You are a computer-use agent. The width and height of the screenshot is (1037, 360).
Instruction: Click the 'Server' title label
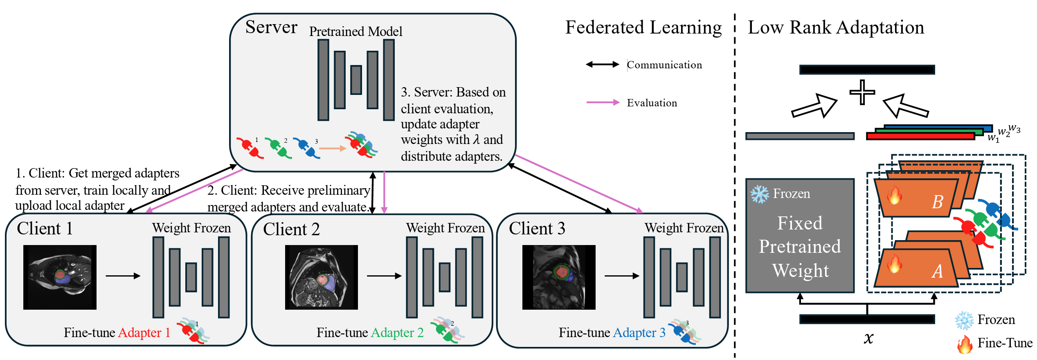coord(271,27)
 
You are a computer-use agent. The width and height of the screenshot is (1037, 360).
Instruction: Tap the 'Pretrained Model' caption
coord(355,32)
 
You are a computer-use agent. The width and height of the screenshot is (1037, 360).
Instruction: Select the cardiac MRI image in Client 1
coord(60,277)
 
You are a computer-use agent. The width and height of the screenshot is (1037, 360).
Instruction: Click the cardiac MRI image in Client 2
coord(322,277)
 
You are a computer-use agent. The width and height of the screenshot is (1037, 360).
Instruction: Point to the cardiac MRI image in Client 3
coord(559,277)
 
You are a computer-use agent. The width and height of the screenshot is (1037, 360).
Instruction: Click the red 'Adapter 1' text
coord(144,333)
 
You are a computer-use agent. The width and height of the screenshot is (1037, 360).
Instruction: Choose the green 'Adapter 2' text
coord(397,333)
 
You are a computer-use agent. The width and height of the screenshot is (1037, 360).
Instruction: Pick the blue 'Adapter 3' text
coord(639,333)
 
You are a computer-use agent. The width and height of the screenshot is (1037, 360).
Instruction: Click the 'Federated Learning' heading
coord(643,28)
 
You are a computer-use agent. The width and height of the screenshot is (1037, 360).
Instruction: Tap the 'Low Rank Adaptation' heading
coord(836,28)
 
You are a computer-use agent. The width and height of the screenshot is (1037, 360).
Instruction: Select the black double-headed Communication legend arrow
coord(603,64)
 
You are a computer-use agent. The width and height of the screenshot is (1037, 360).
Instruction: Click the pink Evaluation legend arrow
coord(603,102)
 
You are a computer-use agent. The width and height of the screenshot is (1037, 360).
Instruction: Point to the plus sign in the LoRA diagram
coord(862,92)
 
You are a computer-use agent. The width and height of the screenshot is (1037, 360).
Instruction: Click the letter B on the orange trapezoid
coord(938,202)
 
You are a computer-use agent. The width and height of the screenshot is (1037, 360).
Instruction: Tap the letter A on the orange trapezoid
coord(937,271)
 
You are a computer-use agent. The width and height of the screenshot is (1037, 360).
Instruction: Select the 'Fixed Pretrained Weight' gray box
coord(800,236)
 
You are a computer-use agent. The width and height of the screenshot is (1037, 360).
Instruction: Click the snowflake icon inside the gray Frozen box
coord(760,194)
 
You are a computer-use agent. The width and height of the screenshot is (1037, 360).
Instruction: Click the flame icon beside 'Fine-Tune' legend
coord(965,344)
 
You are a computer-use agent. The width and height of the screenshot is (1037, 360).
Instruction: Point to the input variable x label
coord(868,338)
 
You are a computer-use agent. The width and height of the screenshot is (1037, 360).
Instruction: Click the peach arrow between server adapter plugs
coord(333,148)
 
